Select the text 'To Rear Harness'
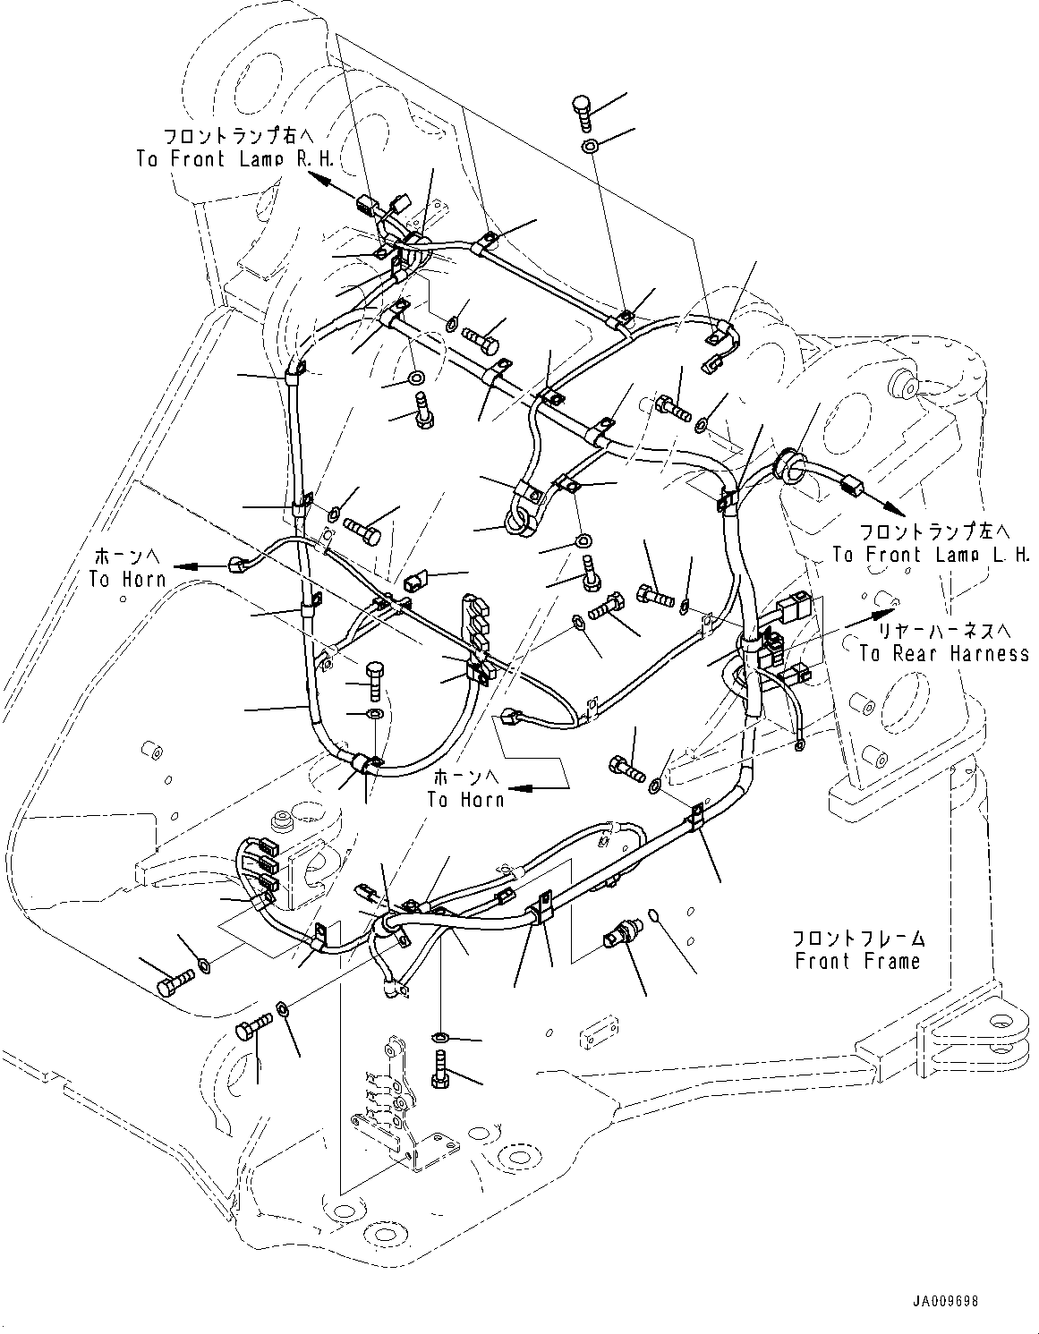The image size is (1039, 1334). tap(943, 653)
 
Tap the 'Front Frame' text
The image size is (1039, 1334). tap(856, 961)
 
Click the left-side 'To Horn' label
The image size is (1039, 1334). tap(127, 579)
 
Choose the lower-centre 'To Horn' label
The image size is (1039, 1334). tap(465, 798)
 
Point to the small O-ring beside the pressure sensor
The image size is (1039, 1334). tap(653, 913)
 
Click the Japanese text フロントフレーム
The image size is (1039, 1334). tap(857, 939)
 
